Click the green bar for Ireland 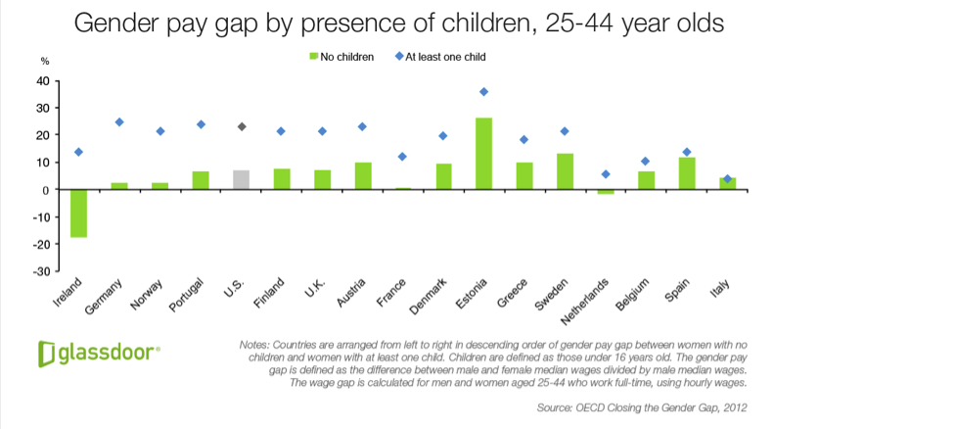click(78, 213)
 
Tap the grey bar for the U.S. click(241, 180)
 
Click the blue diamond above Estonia click(483, 91)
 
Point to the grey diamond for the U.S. click(242, 126)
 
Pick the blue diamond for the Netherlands click(606, 174)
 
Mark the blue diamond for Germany click(119, 122)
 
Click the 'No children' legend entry click(341, 57)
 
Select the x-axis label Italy click(720, 288)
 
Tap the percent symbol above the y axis click(44, 62)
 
